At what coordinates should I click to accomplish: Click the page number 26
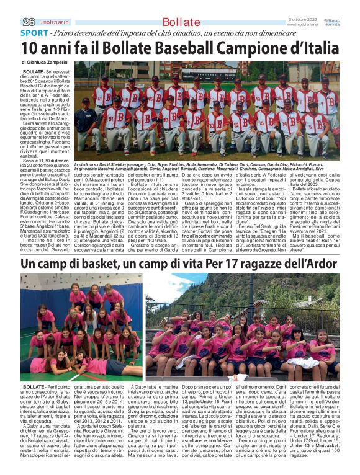tap(27, 22)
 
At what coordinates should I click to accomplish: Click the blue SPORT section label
tap(34, 33)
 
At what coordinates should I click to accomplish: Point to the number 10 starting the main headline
tap(29, 48)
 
